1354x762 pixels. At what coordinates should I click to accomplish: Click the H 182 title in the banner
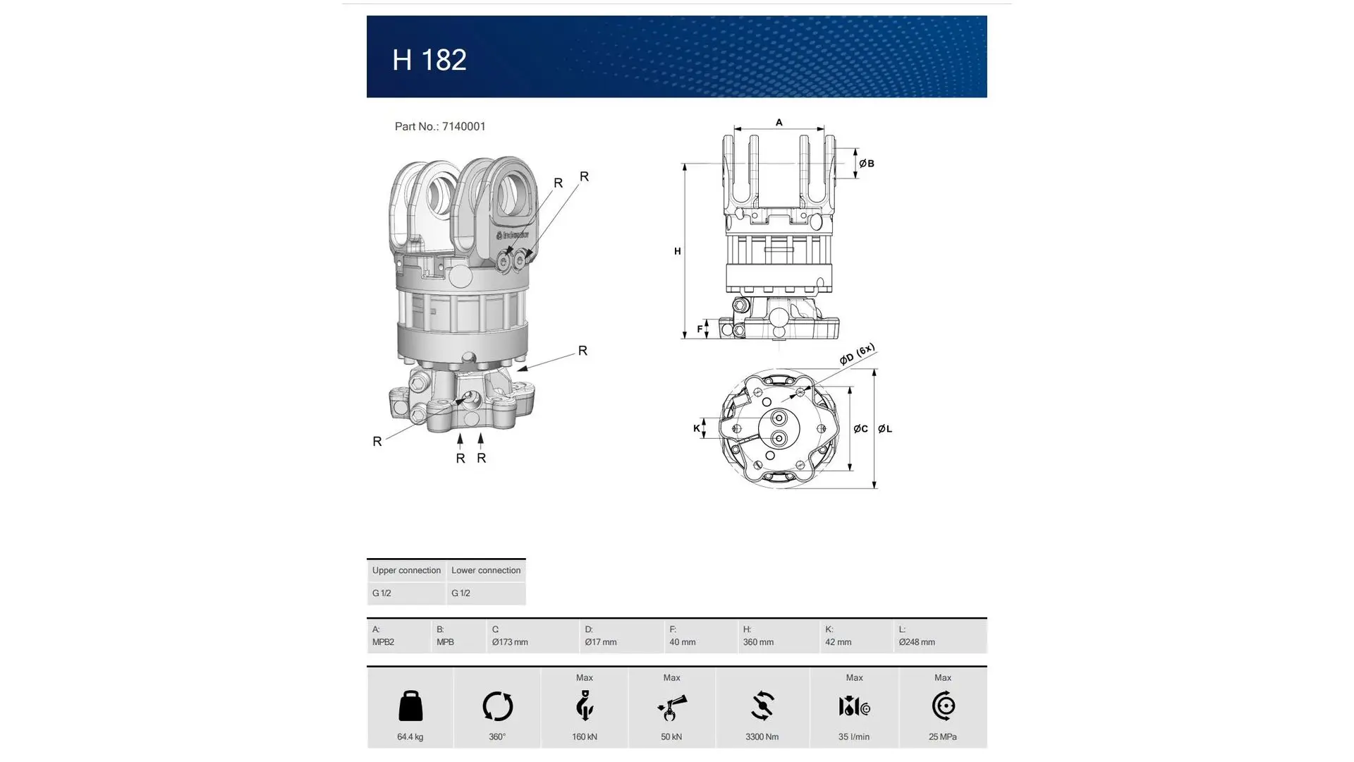[x=429, y=60]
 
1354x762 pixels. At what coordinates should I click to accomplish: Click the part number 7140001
[x=463, y=126]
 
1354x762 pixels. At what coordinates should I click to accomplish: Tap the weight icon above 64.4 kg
[x=410, y=706]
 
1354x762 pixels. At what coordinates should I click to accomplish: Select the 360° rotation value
[x=497, y=737]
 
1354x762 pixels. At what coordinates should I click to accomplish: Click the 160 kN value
[x=585, y=737]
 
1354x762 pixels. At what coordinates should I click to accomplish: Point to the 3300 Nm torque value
[x=762, y=737]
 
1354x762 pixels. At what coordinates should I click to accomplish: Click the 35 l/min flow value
[x=853, y=737]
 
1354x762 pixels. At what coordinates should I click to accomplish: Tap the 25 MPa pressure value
[x=942, y=737]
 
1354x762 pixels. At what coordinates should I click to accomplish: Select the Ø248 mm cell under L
[x=917, y=642]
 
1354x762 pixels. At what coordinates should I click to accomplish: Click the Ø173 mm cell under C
[x=510, y=642]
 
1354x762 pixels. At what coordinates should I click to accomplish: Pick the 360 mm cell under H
[x=758, y=642]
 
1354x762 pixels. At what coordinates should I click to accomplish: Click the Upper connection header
[x=406, y=570]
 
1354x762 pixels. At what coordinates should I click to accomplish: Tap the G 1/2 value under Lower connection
[x=461, y=593]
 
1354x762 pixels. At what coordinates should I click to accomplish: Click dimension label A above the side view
[x=779, y=122]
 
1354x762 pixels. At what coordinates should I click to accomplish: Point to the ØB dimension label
[x=867, y=164]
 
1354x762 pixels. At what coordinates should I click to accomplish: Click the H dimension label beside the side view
[x=677, y=251]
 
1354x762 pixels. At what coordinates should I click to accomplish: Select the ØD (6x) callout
[x=857, y=354]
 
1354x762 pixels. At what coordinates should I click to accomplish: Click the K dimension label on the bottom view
[x=696, y=428]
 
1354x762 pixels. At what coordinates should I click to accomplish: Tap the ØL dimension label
[x=885, y=428]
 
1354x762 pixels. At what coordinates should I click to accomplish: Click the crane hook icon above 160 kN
[x=585, y=706]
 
